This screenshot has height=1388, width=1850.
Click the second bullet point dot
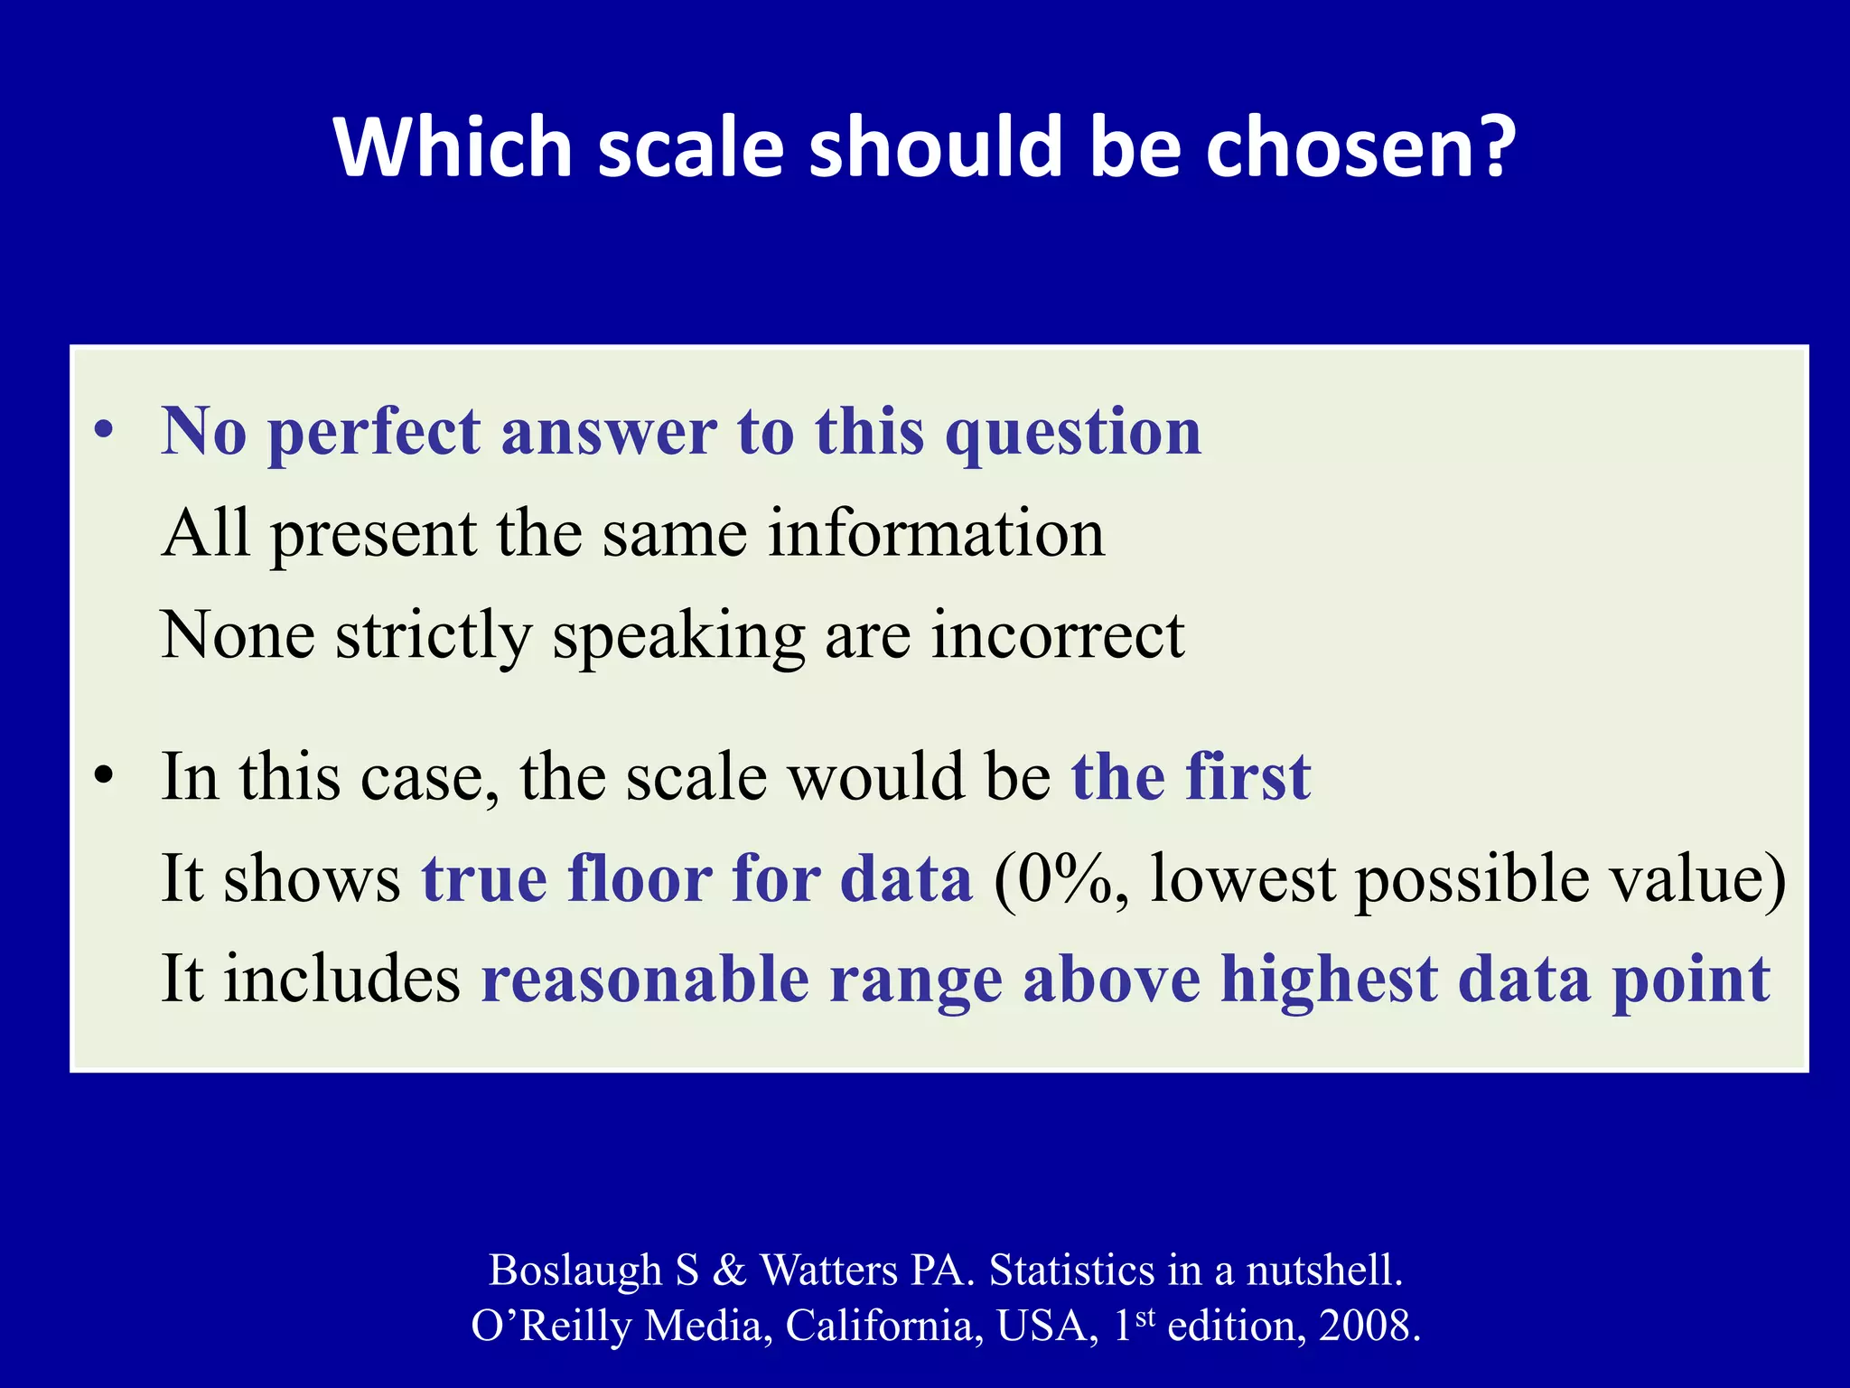pyautogui.click(x=106, y=776)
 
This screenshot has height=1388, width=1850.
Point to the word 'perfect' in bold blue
pyautogui.click(x=374, y=432)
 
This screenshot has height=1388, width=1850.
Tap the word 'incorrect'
pyautogui.click(x=1058, y=634)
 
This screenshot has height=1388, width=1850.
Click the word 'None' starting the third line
pyautogui.click(x=238, y=634)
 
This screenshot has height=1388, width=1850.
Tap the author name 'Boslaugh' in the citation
pyautogui.click(x=575, y=1270)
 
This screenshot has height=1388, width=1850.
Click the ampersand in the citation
pyautogui.click(x=729, y=1270)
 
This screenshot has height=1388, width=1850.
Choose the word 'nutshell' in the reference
pyautogui.click(x=1323, y=1270)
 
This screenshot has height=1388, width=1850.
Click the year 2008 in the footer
pyautogui.click(x=1369, y=1326)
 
